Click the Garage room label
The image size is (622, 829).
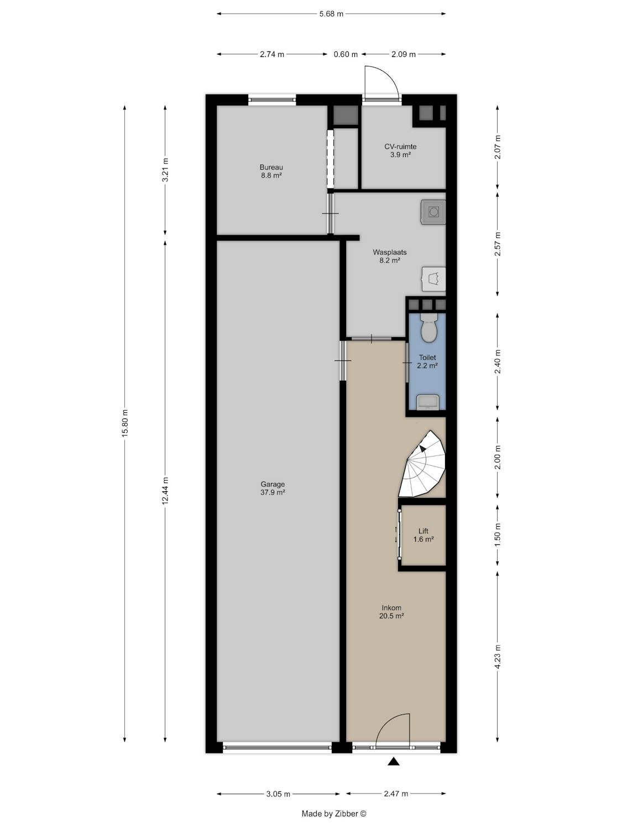click(272, 488)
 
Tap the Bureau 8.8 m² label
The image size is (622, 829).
click(271, 171)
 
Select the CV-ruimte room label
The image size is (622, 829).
click(400, 150)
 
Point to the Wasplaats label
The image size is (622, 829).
click(390, 256)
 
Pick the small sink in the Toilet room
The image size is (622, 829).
click(428, 402)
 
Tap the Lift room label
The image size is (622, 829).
click(423, 535)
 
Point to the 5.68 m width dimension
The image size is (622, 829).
click(331, 14)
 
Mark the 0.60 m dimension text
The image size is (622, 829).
click(346, 54)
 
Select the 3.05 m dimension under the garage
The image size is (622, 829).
click(278, 794)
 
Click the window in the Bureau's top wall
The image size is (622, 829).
click(272, 99)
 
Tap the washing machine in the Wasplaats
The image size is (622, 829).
click(433, 212)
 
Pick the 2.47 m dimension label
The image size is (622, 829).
click(396, 794)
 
